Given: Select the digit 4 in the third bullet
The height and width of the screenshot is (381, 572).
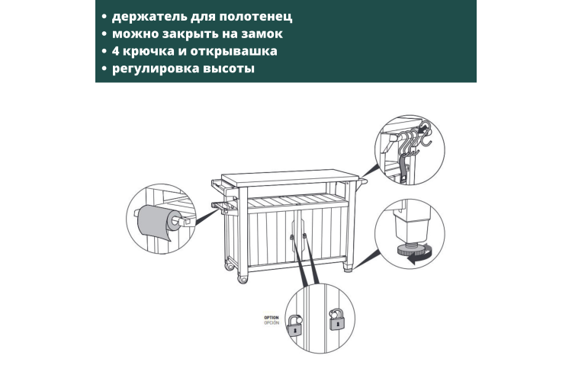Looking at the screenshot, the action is pyautogui.click(x=116, y=51).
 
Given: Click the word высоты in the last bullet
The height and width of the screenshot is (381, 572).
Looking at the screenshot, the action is pyautogui.click(x=229, y=69).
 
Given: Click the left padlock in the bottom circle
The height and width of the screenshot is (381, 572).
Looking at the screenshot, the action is pyautogui.click(x=294, y=325).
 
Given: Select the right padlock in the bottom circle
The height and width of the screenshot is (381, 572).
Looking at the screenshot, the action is pyautogui.click(x=336, y=319).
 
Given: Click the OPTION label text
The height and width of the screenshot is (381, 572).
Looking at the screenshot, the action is pyautogui.click(x=272, y=318).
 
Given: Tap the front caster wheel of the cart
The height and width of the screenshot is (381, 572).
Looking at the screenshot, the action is pyautogui.click(x=243, y=280).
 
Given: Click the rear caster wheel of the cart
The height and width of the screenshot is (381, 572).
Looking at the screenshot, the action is pyautogui.click(x=230, y=266).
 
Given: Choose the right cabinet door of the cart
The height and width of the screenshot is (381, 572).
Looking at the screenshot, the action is pyautogui.click(x=323, y=234).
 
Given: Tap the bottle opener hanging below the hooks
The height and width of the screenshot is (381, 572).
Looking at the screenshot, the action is pyautogui.click(x=404, y=168).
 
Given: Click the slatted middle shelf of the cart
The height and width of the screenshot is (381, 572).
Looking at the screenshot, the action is pyautogui.click(x=296, y=201).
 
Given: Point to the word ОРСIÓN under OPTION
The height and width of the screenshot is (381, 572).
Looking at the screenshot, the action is pyautogui.click(x=272, y=322).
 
